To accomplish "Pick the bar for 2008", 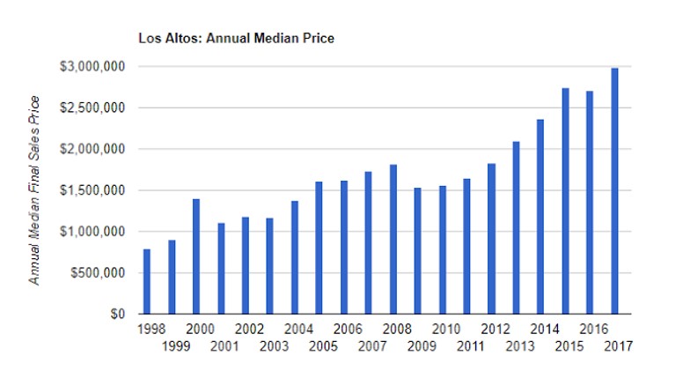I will coord(393,239).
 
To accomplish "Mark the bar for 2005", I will coord(319,248).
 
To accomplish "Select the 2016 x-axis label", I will coord(591,330).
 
